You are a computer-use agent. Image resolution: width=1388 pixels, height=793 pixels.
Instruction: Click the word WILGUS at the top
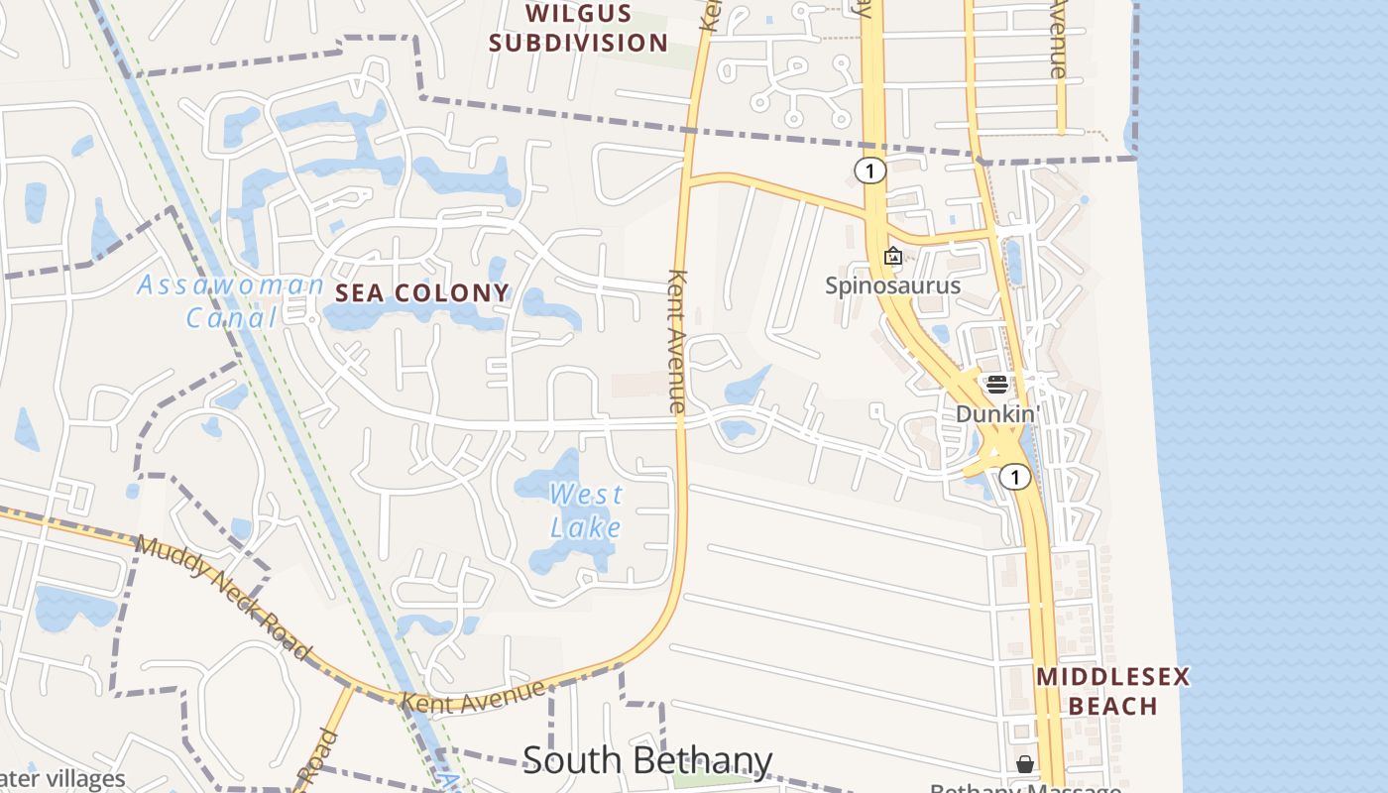coord(579,14)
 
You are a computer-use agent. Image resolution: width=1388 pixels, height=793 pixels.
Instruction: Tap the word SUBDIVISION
coord(579,43)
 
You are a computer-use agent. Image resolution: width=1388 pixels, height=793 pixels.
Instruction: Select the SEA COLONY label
coord(422,292)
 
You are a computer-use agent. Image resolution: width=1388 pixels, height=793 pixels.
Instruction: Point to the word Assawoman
coord(231,285)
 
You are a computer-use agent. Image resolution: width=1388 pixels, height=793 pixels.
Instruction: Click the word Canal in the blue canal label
coord(231,318)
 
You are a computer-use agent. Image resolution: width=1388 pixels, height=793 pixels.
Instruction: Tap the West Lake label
coord(586,510)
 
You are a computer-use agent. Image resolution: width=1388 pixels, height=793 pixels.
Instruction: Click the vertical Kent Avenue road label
coord(678,341)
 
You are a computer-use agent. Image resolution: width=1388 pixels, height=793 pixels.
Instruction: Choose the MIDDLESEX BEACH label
coord(1112,691)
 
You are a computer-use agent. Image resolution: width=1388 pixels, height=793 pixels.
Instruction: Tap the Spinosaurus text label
coord(893,285)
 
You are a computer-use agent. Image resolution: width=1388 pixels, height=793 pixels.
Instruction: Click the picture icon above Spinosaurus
coord(893,256)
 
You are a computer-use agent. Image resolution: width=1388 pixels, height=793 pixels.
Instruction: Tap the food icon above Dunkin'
coord(996,385)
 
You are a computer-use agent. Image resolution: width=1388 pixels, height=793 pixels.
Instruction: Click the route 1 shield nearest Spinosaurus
coord(869,171)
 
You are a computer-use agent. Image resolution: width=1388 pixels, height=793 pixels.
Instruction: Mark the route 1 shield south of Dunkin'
coord(1015,478)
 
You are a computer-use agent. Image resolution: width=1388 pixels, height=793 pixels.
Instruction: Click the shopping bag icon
coord(1025,764)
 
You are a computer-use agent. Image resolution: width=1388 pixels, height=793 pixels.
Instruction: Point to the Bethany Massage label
coord(1025,788)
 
